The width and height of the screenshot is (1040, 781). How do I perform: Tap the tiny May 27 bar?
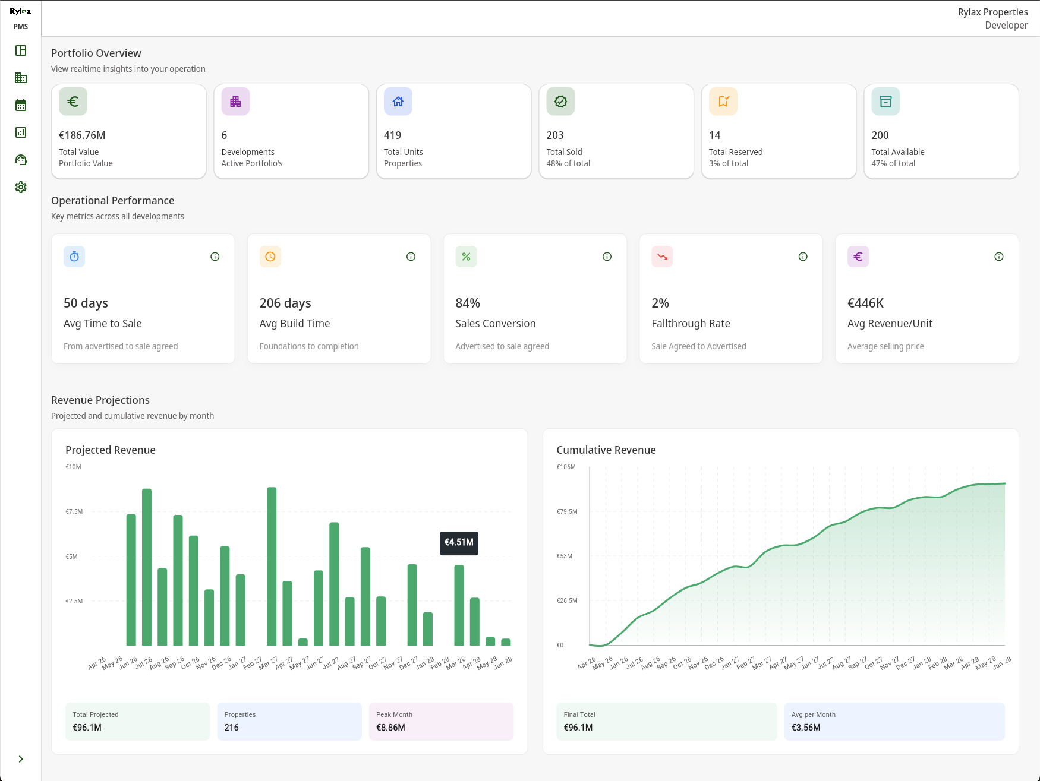point(303,641)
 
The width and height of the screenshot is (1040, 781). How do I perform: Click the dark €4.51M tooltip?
point(459,543)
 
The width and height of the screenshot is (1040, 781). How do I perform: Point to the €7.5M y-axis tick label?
point(74,511)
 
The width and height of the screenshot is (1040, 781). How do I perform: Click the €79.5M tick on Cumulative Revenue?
point(566,511)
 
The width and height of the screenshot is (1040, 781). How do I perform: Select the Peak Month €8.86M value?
point(390,728)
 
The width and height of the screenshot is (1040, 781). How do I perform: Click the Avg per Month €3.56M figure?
point(805,728)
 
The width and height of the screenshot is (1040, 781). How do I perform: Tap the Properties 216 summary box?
point(289,722)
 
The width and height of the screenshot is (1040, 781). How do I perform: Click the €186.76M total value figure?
point(82,135)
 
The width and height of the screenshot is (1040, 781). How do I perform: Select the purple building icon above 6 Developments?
point(235,102)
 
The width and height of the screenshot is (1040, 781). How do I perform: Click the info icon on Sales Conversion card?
point(607,257)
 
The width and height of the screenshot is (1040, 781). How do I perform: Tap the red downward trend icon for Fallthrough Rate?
point(662,257)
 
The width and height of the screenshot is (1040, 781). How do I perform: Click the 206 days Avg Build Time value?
point(285,303)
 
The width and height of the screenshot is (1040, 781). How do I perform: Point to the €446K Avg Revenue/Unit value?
point(865,303)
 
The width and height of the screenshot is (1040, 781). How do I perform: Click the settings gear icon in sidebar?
point(21,187)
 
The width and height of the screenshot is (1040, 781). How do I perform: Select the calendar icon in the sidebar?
point(21,105)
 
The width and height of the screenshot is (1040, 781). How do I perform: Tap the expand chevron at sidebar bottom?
point(21,759)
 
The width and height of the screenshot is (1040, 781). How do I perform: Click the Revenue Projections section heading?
point(100,400)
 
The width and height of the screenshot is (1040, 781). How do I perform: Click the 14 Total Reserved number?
point(714,135)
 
